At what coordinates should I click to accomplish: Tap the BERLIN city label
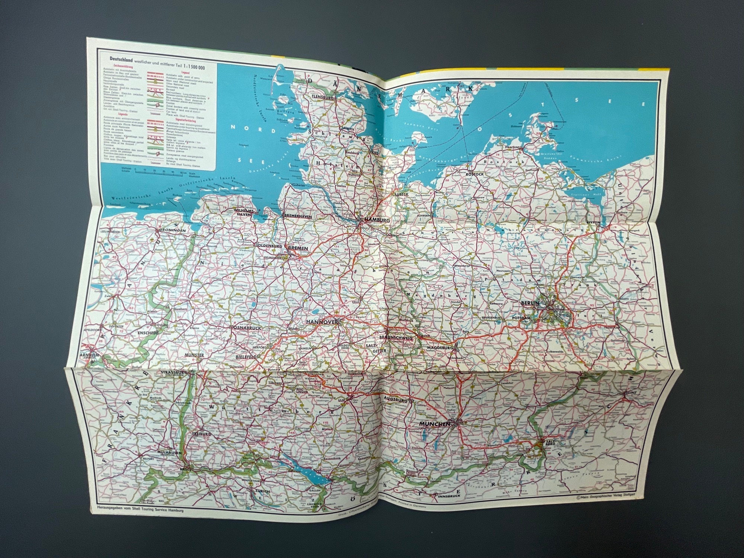pyautogui.click(x=530, y=304)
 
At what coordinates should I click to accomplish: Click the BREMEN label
pyautogui.click(x=296, y=247)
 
